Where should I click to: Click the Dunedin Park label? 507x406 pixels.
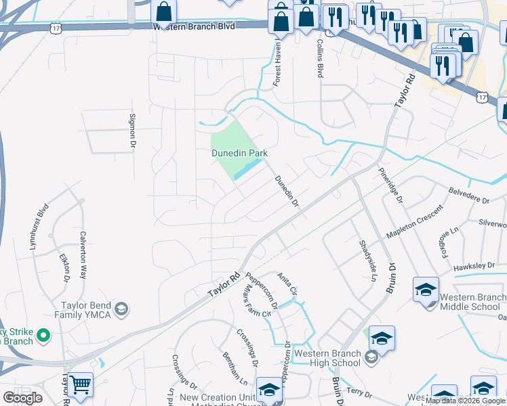click(x=239, y=154)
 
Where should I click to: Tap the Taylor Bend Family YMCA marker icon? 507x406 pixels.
click(x=121, y=310)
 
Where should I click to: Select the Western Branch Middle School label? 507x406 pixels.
click(x=470, y=302)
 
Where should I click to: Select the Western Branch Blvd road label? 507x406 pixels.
click(x=194, y=26)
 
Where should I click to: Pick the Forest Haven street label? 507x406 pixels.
click(x=277, y=64)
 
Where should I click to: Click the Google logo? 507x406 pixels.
click(x=22, y=398)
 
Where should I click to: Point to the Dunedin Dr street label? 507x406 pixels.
click(x=287, y=192)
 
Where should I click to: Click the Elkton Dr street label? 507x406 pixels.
click(x=64, y=267)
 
